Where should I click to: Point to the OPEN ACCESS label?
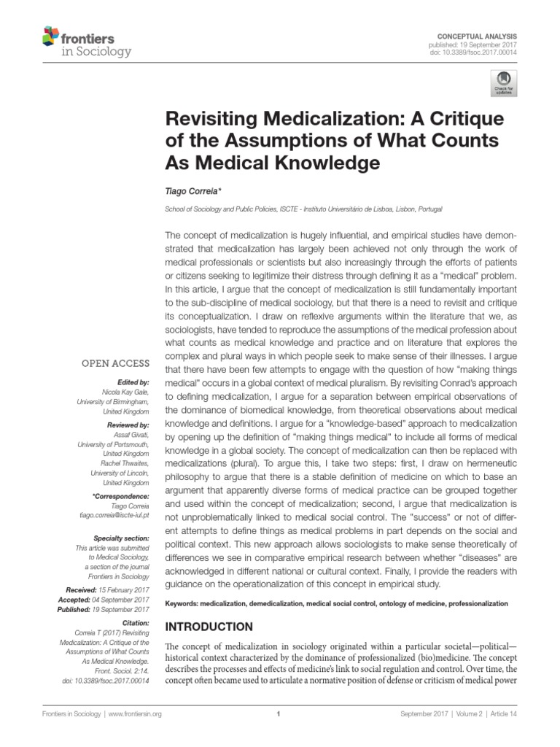(x=115, y=363)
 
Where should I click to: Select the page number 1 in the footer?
(x=280, y=714)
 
